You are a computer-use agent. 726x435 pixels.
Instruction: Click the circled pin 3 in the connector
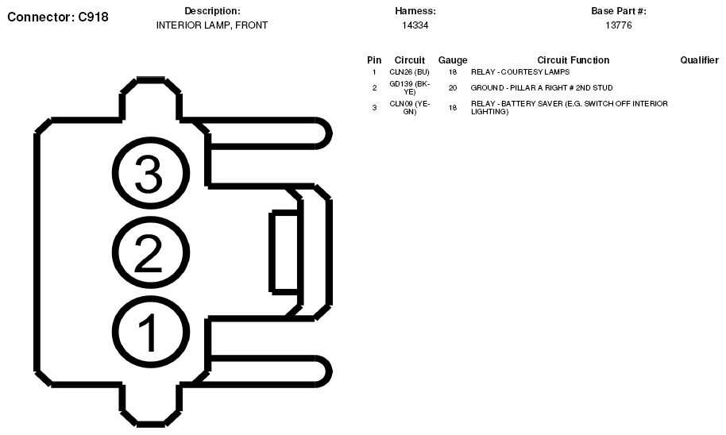click(x=151, y=173)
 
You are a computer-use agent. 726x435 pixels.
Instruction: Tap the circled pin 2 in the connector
click(x=151, y=252)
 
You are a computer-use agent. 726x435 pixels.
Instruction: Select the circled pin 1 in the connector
click(x=151, y=333)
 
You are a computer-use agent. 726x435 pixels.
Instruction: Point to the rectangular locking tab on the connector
click(x=284, y=252)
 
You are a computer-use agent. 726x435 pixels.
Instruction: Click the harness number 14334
click(x=415, y=25)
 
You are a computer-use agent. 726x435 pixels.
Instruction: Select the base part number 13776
click(x=619, y=25)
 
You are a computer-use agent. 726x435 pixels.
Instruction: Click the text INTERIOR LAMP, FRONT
click(x=212, y=25)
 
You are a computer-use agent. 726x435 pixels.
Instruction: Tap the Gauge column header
click(x=453, y=60)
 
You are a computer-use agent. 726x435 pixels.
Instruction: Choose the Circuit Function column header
click(x=573, y=60)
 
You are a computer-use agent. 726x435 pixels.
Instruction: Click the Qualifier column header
click(x=699, y=60)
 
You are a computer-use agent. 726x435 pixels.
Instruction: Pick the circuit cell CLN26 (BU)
click(x=409, y=72)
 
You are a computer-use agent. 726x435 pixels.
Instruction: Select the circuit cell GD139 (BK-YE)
click(x=410, y=88)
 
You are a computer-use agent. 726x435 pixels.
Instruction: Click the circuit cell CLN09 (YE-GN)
click(x=410, y=107)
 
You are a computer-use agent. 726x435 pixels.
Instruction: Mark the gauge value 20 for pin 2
click(x=453, y=88)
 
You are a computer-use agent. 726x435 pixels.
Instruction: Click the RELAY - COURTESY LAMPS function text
click(x=520, y=72)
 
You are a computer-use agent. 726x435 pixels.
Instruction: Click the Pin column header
click(x=374, y=60)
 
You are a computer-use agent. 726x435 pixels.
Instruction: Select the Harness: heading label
click(x=415, y=11)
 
